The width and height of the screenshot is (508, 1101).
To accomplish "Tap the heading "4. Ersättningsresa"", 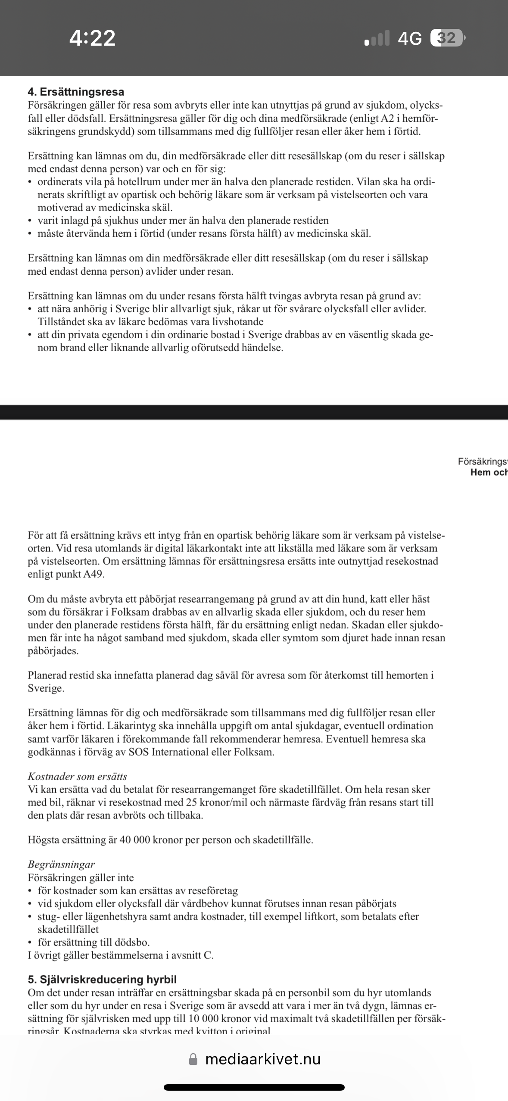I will [x=76, y=92].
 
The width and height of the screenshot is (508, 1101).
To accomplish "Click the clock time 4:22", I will [x=92, y=38].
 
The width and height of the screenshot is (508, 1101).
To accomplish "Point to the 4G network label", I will [x=409, y=39].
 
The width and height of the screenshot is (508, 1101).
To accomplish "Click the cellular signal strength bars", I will [x=377, y=38].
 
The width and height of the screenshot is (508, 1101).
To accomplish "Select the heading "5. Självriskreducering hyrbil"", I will [x=102, y=980].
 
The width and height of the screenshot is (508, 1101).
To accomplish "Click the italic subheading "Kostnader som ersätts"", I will [x=78, y=777].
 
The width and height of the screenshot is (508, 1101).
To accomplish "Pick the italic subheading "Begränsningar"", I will [x=61, y=865].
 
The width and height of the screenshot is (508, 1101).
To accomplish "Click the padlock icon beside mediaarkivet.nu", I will [x=193, y=1059].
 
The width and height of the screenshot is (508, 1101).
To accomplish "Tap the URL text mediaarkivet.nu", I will [x=263, y=1059].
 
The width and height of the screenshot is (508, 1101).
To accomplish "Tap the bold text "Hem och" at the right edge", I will [x=489, y=473].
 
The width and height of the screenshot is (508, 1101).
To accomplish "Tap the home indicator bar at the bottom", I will [x=254, y=1087].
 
